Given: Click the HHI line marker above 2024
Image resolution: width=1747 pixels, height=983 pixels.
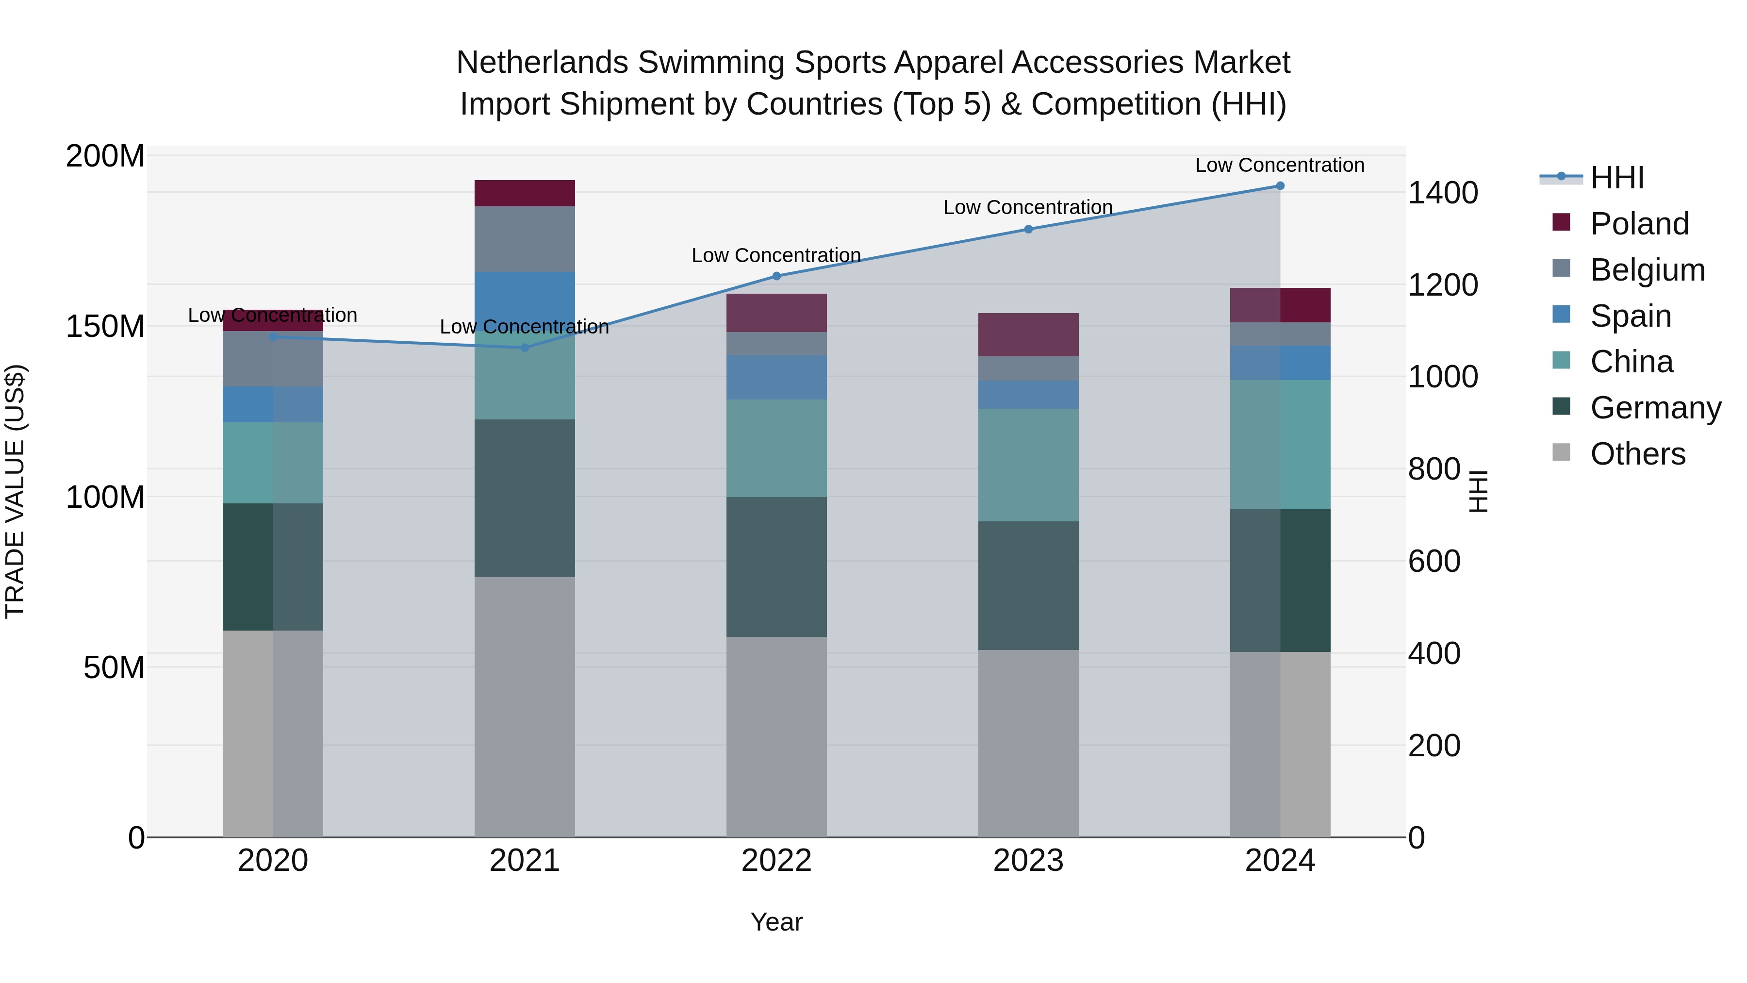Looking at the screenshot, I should coord(1280,186).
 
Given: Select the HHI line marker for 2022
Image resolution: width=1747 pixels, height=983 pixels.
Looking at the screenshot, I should coord(776,276).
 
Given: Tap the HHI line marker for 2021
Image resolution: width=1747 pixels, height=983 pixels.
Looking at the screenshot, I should coord(524,348).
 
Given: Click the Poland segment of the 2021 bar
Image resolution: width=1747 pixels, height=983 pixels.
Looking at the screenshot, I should coord(524,193).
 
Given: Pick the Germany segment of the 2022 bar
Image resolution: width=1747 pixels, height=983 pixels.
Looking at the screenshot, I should coord(776,566).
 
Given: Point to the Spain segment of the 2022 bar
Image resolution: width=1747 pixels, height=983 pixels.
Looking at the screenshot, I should coord(776,378).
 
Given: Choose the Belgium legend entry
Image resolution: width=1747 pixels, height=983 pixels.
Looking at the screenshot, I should coord(1647,270).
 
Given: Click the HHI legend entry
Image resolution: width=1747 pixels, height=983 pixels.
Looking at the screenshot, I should coord(1617,178).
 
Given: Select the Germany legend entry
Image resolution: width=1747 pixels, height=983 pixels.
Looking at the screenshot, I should coord(1655,408).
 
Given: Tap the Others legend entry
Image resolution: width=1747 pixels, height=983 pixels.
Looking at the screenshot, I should coord(1637,454).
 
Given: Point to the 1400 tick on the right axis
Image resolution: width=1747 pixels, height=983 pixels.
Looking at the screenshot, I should coord(1443,193).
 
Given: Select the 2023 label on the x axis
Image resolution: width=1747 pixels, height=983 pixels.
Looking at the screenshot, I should coord(1028,861).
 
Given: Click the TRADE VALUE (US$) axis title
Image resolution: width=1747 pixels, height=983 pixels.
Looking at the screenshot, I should coord(15,491).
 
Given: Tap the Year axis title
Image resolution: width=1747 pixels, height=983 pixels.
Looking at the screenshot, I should coord(776,922).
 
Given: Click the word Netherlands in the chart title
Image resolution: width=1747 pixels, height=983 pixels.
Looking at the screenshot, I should coord(542,63).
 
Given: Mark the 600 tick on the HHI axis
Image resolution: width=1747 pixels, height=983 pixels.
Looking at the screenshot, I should coord(1434,562).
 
